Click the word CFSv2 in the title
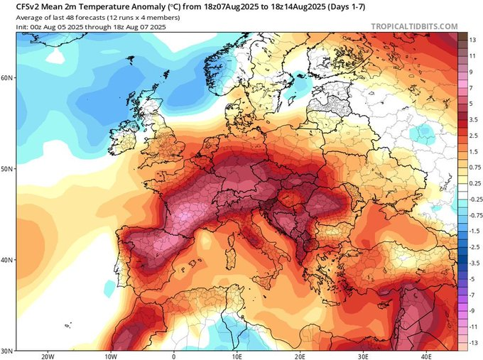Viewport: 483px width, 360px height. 18,6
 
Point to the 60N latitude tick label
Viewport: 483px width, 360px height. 7,77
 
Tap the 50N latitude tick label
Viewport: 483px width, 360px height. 7,169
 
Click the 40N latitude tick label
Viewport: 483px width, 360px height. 7,260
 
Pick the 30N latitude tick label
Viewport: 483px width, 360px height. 7,350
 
